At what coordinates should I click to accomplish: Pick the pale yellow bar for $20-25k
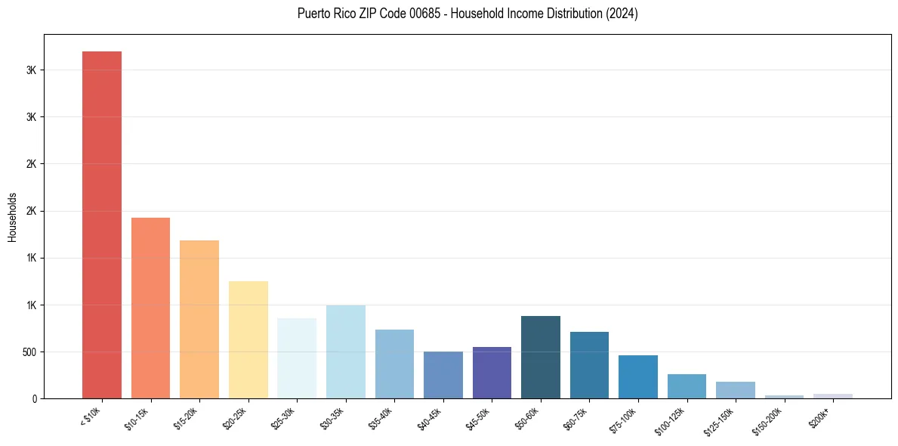[x=248, y=339]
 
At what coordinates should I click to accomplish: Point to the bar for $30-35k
[x=346, y=352]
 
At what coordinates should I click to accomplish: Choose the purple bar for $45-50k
[x=492, y=373]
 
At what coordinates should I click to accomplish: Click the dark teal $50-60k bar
[x=541, y=357]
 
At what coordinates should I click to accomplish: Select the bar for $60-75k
[x=589, y=365]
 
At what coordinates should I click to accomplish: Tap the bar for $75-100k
[x=638, y=376]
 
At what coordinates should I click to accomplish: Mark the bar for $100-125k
[x=687, y=386]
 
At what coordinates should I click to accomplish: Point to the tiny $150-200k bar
[x=784, y=396]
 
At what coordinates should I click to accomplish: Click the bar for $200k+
[x=833, y=395]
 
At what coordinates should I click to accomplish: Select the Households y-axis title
[x=12, y=216]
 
